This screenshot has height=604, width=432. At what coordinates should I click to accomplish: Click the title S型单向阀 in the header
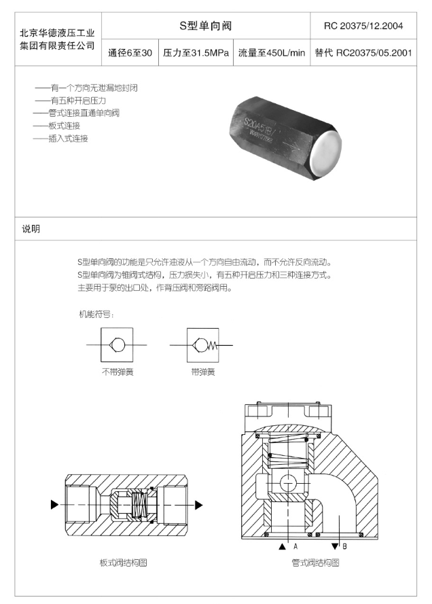click(x=206, y=26)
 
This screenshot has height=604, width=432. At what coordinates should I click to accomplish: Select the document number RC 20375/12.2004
click(x=363, y=26)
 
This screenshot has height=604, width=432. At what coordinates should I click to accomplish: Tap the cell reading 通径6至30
click(x=130, y=53)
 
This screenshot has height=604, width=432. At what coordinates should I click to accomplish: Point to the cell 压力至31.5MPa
click(x=196, y=53)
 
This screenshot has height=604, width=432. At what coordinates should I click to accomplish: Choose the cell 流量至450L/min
click(x=272, y=53)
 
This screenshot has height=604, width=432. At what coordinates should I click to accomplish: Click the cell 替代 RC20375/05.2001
click(x=363, y=53)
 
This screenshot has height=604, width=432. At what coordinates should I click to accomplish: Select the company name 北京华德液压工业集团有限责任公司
click(x=57, y=39)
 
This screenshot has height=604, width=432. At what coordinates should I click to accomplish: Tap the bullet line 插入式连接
click(x=60, y=139)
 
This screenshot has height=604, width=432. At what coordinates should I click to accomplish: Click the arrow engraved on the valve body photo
click(x=291, y=145)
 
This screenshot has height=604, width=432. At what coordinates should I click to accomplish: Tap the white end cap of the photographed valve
click(x=325, y=153)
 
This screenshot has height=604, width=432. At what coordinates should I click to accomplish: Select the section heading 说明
click(x=31, y=229)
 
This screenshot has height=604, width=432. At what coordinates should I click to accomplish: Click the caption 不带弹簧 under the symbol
click(x=118, y=372)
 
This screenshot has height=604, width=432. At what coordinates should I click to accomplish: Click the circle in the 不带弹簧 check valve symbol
click(x=118, y=344)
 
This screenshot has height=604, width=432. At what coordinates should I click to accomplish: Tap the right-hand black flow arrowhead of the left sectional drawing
click(x=198, y=505)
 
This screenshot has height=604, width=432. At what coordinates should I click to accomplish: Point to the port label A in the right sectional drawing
click(x=295, y=546)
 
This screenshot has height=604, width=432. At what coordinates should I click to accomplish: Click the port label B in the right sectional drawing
click(x=344, y=546)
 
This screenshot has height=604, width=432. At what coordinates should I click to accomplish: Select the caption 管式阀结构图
click(x=315, y=563)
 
